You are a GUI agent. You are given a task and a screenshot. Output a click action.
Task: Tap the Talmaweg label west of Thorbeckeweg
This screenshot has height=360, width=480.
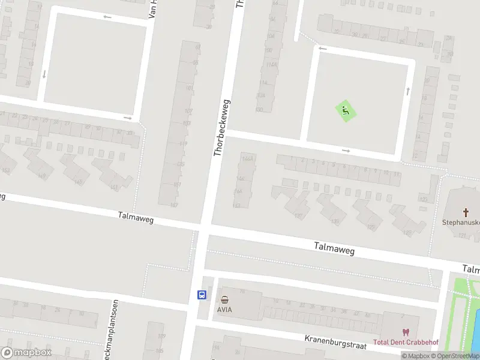[x=136, y=218]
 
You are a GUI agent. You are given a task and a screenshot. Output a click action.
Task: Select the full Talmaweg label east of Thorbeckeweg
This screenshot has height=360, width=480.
[x=334, y=248]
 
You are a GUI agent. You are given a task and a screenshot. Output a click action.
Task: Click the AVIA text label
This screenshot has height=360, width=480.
[x=224, y=310]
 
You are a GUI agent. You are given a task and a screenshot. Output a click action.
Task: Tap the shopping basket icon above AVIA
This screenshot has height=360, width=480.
[x=224, y=299]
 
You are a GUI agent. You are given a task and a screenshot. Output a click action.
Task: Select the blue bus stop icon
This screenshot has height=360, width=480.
[x=202, y=295]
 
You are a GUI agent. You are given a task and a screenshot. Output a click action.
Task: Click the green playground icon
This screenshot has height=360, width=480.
[x=344, y=110]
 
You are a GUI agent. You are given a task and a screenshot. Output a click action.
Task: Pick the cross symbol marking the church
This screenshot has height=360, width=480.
[x=466, y=212]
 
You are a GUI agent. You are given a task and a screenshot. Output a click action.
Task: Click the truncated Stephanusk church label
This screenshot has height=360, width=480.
[x=461, y=222]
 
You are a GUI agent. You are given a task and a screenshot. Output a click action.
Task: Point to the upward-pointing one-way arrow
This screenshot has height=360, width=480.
[x=408, y=91]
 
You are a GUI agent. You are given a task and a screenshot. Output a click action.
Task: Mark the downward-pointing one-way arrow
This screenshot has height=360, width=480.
[x=44, y=74]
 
